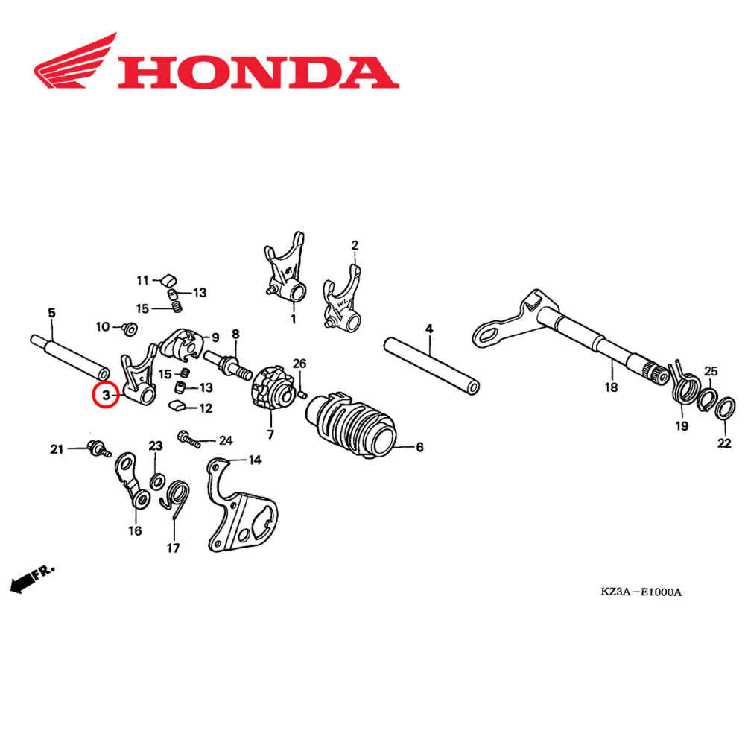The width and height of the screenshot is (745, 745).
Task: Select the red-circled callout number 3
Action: pos(106,395)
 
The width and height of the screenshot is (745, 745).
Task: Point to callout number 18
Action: pos(611,387)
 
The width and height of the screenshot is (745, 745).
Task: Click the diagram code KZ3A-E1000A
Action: pos(641,592)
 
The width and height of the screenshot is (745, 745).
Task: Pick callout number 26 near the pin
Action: pos(299,364)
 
